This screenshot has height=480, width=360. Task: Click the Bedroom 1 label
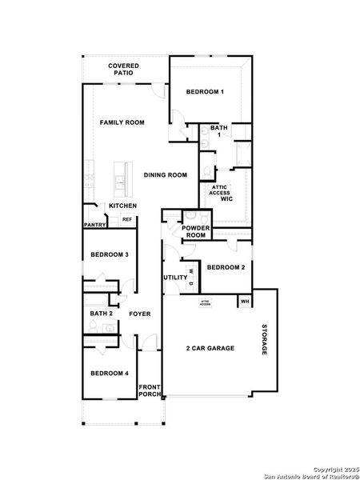coord(205,92)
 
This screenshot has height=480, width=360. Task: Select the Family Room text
coord(122,122)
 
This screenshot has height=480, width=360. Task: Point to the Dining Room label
coord(166,174)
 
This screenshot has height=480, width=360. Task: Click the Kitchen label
coord(123,206)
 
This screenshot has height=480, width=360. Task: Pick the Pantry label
coord(95,225)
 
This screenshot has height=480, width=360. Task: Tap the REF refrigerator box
coord(126,219)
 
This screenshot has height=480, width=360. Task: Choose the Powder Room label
coord(195,232)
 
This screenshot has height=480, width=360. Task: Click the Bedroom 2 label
coord(226,267)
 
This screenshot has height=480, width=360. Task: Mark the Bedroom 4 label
coord(110,374)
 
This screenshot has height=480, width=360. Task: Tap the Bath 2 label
coord(101,314)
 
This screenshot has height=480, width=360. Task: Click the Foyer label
coord(140,314)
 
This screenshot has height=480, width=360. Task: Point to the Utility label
coord(175,278)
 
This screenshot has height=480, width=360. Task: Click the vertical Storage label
coord(264,341)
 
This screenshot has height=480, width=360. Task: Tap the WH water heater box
coord(245,302)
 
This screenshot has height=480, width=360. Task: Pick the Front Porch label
coord(150,391)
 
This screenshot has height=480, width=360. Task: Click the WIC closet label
coord(227,198)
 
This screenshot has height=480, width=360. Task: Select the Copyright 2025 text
coord(334,469)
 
